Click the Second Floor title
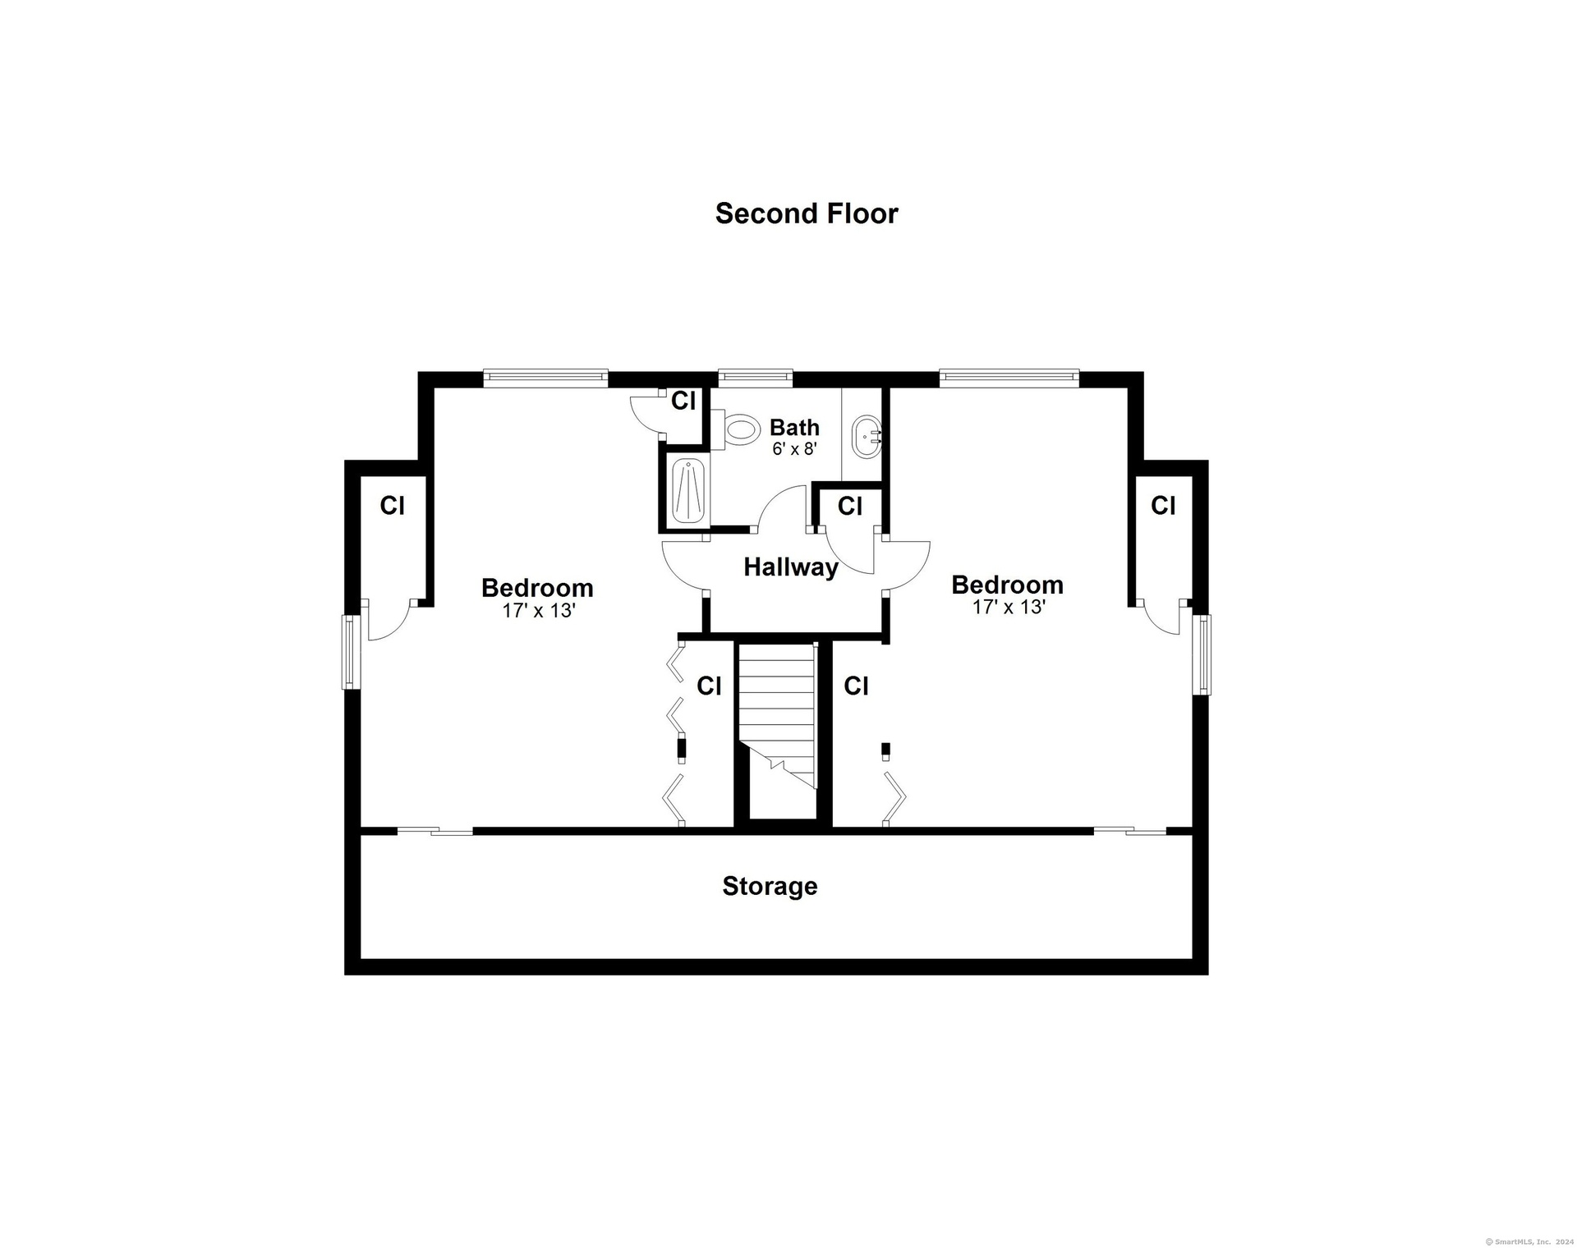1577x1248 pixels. [807, 213]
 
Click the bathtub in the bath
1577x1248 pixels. [687, 491]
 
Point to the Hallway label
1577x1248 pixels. [791, 567]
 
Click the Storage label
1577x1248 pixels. [770, 886]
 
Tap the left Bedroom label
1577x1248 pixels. [537, 588]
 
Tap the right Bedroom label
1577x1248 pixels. [1007, 585]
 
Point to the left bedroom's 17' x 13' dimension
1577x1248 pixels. [538, 611]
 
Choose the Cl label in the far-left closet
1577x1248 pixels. [392, 506]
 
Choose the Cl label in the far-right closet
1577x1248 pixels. [1163, 505]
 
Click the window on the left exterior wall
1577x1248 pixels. [351, 652]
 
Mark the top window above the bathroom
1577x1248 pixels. [756, 379]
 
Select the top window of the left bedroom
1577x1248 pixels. [545, 379]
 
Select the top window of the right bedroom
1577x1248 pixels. [1009, 379]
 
